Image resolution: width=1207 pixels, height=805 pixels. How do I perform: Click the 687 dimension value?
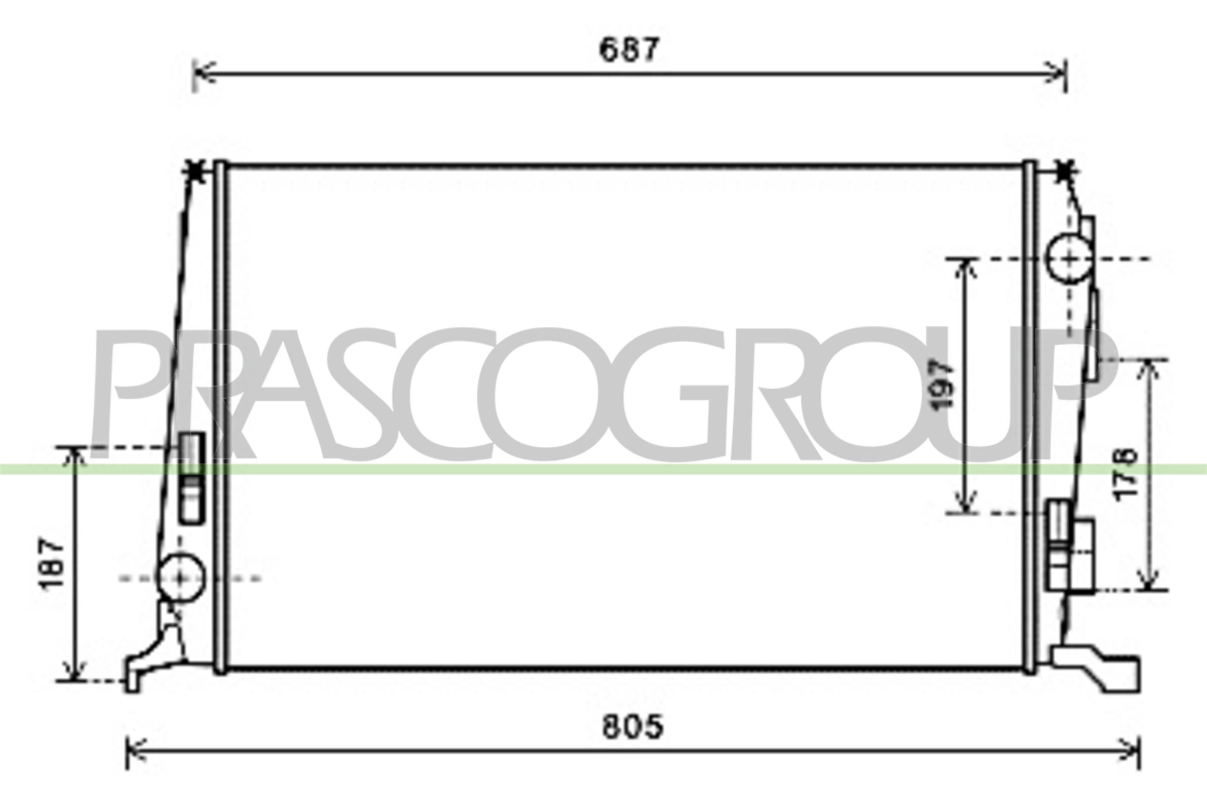(x=628, y=50)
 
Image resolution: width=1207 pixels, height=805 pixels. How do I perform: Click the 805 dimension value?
(x=632, y=728)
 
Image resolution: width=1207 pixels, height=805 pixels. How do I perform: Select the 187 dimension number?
(x=53, y=563)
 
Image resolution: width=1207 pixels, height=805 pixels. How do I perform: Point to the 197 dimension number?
(x=942, y=385)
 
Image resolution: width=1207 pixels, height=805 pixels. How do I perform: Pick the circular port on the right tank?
(x=1069, y=259)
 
